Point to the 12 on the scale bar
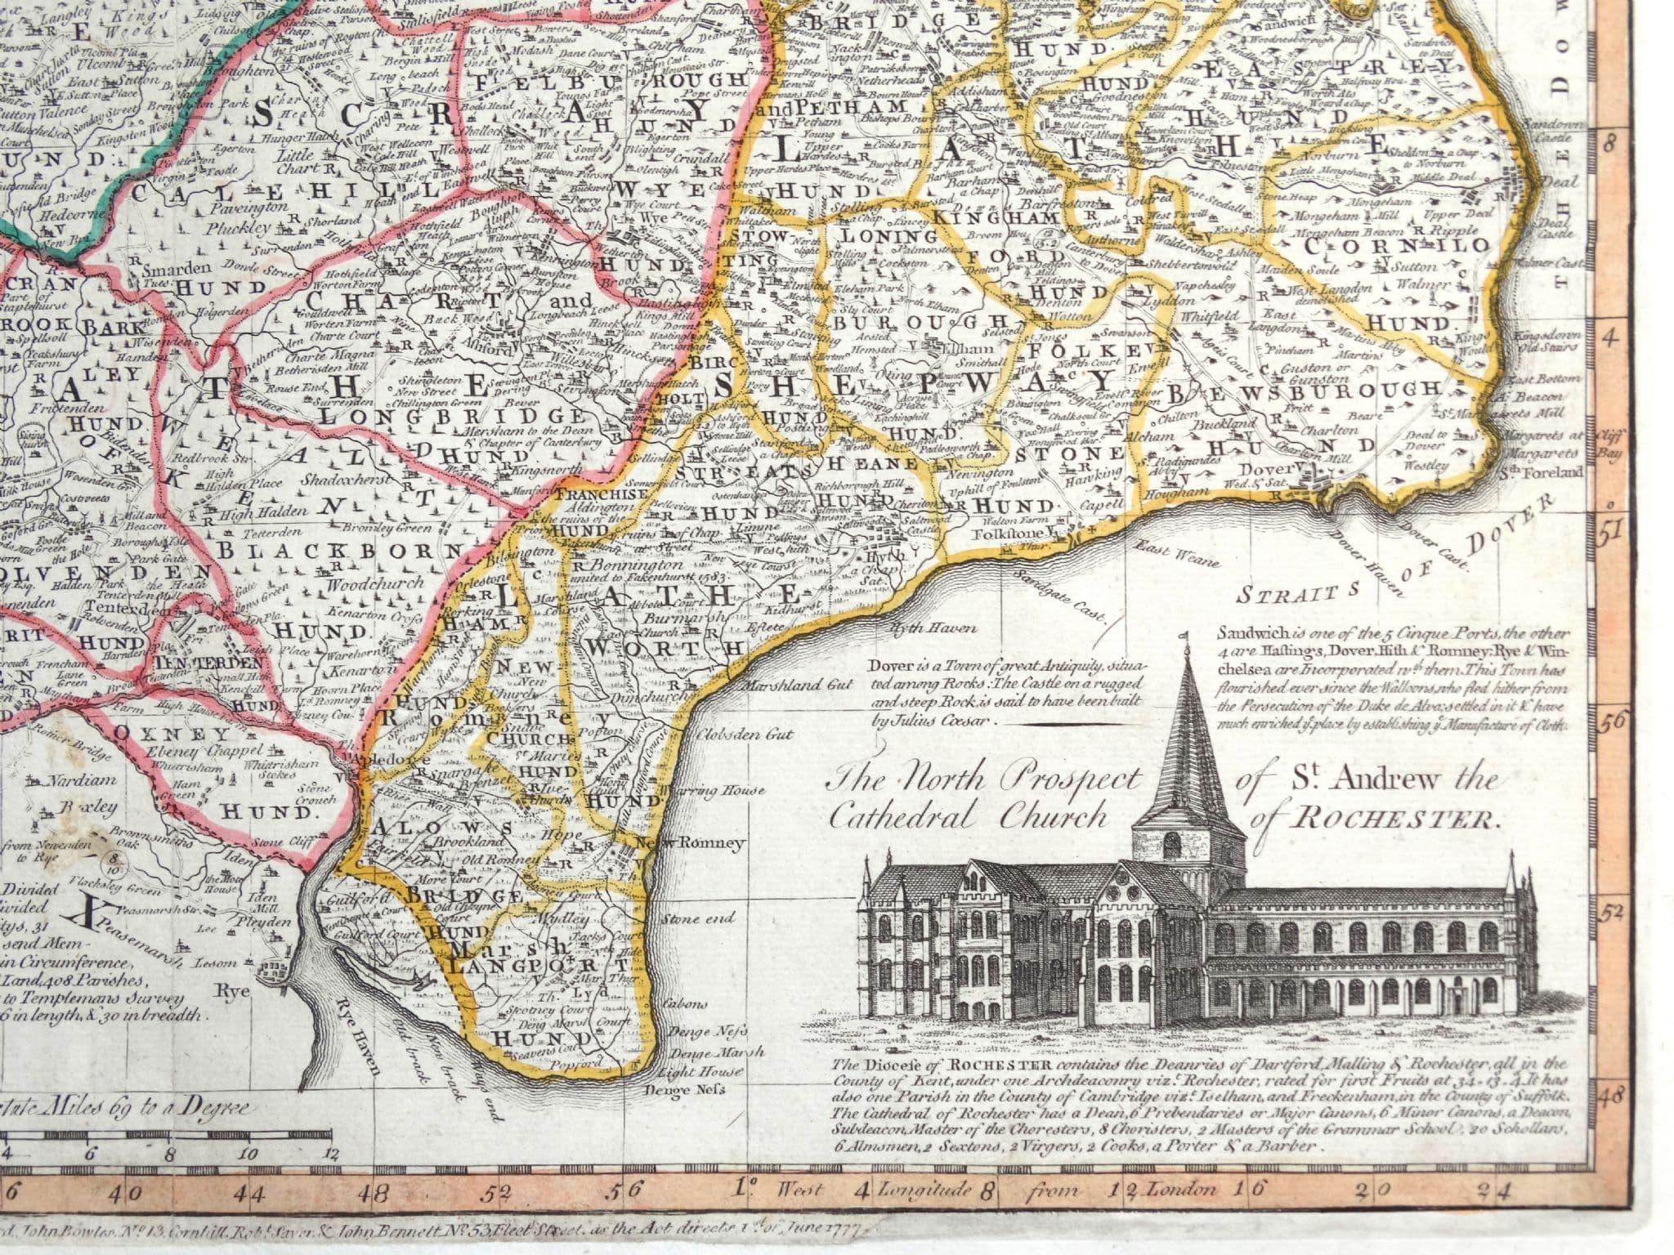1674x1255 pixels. click(x=329, y=1155)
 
